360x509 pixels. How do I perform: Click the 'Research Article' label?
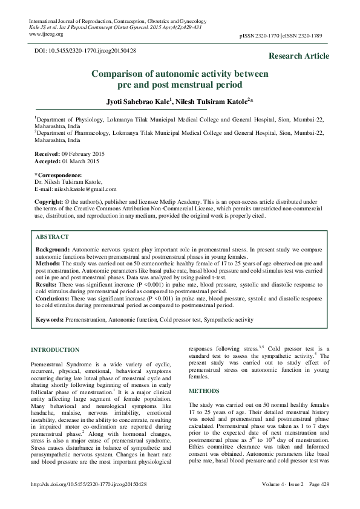tap(300, 56)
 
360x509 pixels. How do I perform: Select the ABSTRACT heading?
tap(53, 238)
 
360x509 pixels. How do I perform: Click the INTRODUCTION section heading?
tap(54, 350)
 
